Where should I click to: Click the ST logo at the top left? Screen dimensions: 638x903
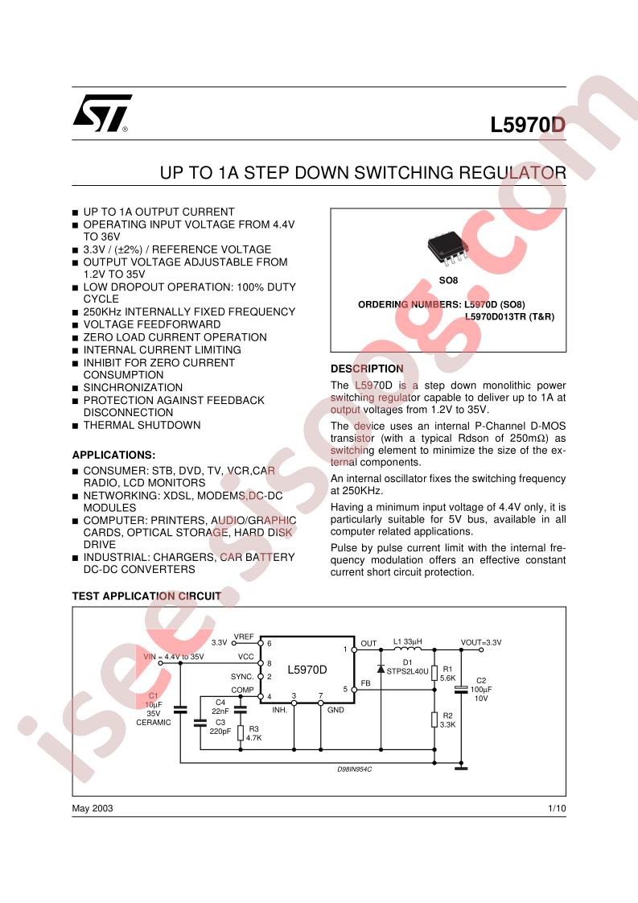[x=102, y=113]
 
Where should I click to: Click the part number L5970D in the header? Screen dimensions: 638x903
[x=528, y=125]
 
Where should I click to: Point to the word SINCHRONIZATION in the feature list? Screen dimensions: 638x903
[x=133, y=388]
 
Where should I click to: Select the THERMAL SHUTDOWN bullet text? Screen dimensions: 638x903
[x=142, y=425]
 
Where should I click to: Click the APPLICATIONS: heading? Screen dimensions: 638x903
[x=113, y=455]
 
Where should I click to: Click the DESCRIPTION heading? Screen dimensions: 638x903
[x=367, y=369]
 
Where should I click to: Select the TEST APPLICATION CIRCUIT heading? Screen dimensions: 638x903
[x=146, y=596]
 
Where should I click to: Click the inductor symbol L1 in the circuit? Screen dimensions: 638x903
[x=408, y=649]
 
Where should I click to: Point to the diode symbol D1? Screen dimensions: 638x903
[x=381, y=669]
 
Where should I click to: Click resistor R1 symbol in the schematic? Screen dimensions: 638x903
[x=434, y=673]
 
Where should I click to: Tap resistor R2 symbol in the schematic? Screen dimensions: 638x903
[x=434, y=720]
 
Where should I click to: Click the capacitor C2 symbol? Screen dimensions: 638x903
[x=461, y=689]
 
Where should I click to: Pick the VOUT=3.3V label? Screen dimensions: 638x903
[x=481, y=642]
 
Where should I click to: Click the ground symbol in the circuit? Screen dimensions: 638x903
[x=461, y=769]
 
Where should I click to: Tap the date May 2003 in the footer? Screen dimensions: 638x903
[x=93, y=808]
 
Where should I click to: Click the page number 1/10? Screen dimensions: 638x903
[x=557, y=808]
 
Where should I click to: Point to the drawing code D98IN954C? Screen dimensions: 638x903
[x=355, y=769]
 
